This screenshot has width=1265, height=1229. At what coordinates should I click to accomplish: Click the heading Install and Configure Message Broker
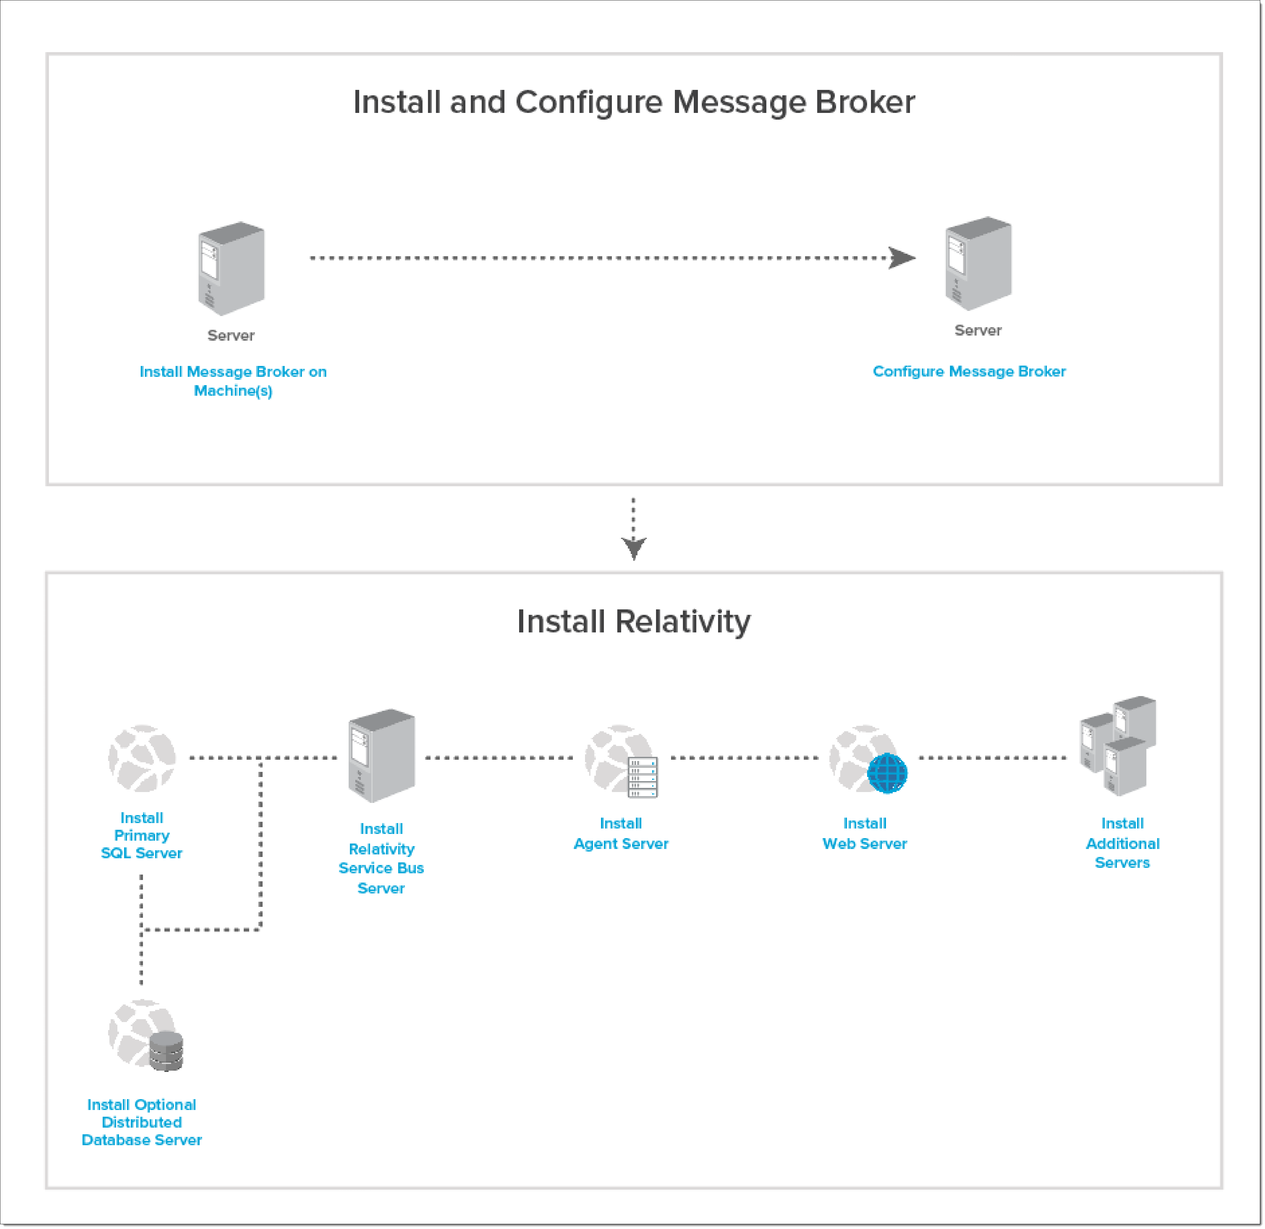point(634,102)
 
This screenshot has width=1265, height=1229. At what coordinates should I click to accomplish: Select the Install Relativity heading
point(634,622)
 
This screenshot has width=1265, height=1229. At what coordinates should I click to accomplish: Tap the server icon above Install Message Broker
point(231,268)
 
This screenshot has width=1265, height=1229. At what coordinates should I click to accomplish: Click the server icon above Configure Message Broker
point(978,263)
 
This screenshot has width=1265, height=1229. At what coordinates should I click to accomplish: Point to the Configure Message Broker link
point(969,372)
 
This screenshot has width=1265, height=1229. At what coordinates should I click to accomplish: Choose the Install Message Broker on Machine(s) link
point(233,381)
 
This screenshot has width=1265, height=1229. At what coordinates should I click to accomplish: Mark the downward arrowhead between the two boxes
point(634,548)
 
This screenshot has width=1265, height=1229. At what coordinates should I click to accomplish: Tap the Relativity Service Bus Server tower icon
point(382,756)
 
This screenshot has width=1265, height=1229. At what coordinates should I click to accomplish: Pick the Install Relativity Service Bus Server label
point(382,859)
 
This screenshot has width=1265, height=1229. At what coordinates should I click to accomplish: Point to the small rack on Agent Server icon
point(643,777)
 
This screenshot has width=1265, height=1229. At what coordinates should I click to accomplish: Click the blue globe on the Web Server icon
point(888,773)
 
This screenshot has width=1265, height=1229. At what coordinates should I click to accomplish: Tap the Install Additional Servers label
point(1122,843)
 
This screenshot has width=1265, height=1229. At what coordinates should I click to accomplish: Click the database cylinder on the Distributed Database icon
point(166,1051)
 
